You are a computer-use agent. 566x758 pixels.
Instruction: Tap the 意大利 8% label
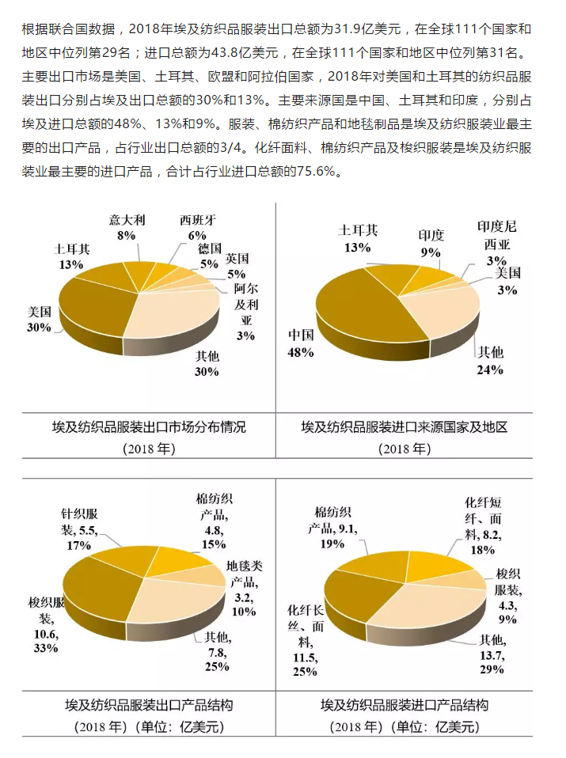[127, 227]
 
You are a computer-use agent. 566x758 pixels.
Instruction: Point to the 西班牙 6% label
[197, 227]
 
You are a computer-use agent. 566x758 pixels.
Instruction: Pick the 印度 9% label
[431, 243]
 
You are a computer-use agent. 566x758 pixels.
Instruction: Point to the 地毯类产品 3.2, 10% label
[244, 589]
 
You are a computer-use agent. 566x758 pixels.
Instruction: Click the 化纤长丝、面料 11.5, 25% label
[304, 640]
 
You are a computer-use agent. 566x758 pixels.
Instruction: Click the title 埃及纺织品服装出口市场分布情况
[149, 427]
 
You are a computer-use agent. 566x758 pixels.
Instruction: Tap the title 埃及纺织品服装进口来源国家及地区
[404, 427]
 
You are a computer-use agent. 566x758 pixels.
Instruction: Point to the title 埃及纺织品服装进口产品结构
[404, 704]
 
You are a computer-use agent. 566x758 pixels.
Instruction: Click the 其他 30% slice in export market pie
[178, 316]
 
